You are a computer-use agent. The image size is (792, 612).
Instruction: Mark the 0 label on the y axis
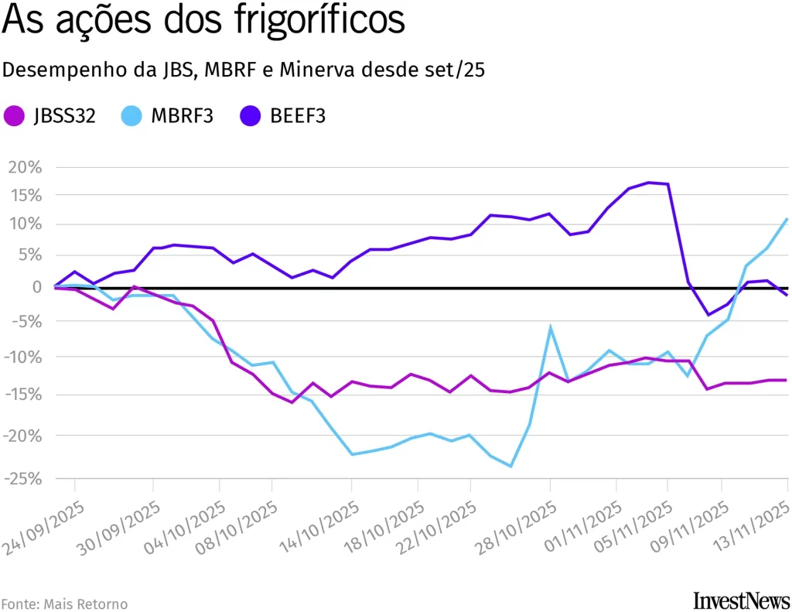coord(37,287)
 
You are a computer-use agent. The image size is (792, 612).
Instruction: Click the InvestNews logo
coord(742,600)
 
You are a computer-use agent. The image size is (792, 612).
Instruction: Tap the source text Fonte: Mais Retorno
coord(64,603)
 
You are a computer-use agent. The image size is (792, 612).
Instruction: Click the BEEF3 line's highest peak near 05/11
coord(649,183)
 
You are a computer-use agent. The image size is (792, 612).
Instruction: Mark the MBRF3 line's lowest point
coord(510,466)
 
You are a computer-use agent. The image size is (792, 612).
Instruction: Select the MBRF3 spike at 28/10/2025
coord(550,328)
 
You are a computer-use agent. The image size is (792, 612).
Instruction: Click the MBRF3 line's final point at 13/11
coord(787,219)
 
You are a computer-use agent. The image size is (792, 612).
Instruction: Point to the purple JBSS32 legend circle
coord(14,116)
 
